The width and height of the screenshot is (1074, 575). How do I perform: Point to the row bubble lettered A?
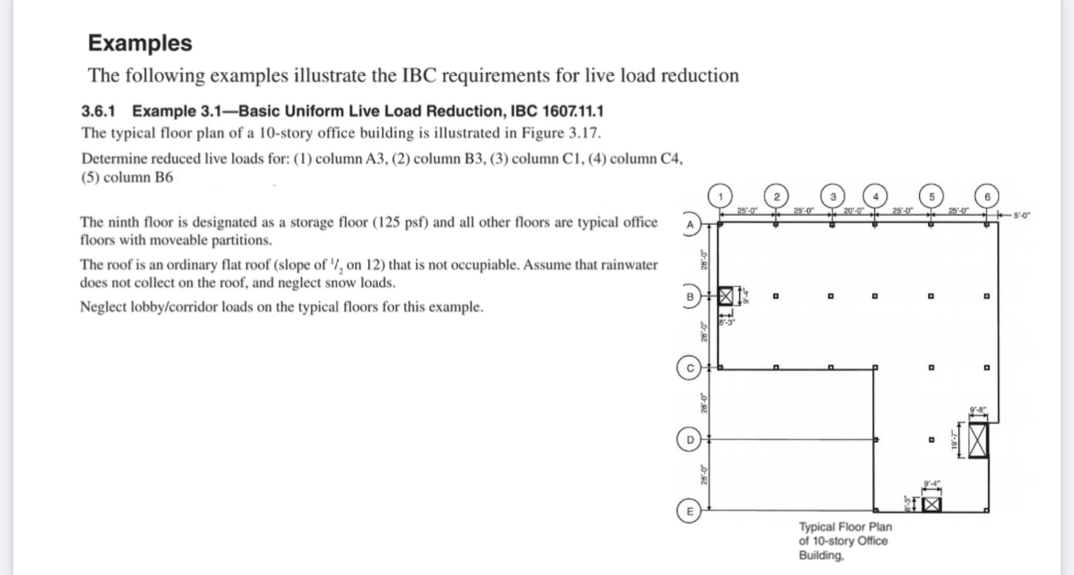click(688, 224)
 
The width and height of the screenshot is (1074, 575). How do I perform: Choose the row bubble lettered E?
click(688, 511)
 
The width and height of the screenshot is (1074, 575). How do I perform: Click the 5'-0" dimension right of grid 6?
click(1019, 216)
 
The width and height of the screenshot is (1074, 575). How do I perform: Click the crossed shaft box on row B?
click(729, 295)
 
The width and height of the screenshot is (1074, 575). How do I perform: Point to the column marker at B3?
click(829, 296)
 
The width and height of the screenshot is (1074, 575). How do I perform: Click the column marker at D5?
click(931, 441)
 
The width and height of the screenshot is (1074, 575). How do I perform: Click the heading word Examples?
click(140, 43)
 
